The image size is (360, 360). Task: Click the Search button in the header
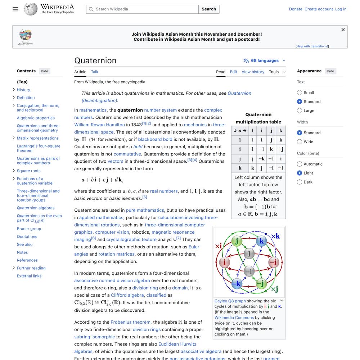(x=209, y=9)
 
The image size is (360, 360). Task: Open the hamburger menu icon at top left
(x=15, y=9)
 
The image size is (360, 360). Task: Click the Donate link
(x=296, y=9)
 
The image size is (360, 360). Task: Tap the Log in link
(x=341, y=9)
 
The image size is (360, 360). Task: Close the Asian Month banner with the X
(x=343, y=30)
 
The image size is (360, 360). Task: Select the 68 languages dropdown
(x=265, y=60)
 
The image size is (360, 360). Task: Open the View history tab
(x=253, y=72)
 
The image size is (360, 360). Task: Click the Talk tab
(x=95, y=72)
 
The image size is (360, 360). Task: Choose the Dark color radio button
(x=300, y=182)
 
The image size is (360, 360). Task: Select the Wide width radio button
(x=300, y=142)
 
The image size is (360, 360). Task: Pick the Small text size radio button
(x=300, y=93)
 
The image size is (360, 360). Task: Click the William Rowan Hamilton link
(x=99, y=125)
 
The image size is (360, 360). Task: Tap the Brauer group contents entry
(x=29, y=229)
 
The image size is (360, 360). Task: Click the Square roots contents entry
(x=28, y=171)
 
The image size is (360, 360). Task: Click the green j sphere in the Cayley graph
(x=237, y=241)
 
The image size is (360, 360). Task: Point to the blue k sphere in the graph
(x=262, y=241)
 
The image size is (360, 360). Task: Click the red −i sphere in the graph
(x=274, y=262)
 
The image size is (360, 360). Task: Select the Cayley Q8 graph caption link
(x=230, y=301)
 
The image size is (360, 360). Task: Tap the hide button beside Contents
(x=45, y=71)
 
